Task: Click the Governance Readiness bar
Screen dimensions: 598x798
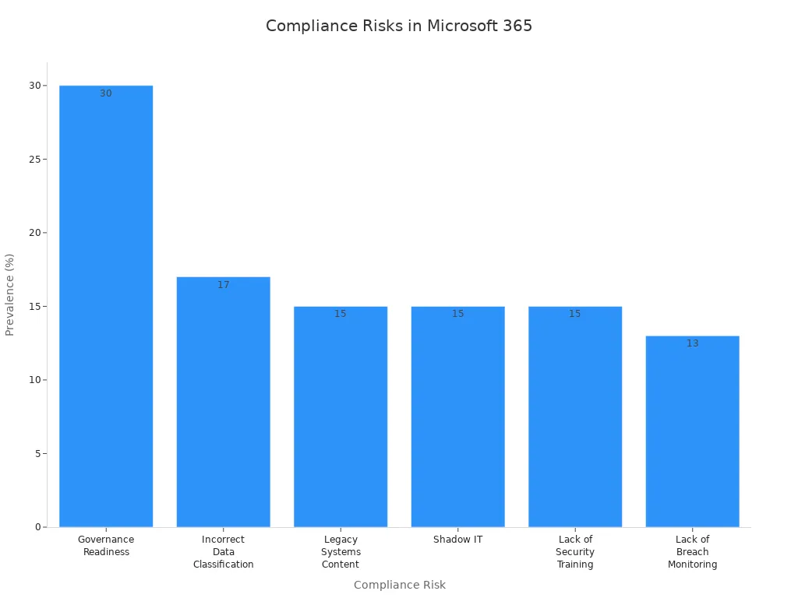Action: coord(106,306)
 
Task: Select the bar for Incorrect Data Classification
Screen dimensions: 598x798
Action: coord(223,402)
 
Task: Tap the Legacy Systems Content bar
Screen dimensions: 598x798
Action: coord(341,417)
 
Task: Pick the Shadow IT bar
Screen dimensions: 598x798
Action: coord(457,417)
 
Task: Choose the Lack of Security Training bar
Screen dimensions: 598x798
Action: coord(575,417)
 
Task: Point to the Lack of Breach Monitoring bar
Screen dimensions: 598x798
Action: coord(692,431)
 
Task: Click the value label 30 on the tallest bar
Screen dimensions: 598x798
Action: coord(106,93)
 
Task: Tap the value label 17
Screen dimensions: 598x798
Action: coord(224,285)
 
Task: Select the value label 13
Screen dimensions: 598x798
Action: coord(692,343)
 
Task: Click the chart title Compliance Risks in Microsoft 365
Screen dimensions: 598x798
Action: coord(399,26)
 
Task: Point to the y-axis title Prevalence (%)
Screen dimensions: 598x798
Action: coord(10,294)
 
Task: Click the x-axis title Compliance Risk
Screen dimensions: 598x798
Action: coord(399,585)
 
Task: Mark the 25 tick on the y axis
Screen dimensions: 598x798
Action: coord(34,159)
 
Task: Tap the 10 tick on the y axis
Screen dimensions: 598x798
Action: coord(34,380)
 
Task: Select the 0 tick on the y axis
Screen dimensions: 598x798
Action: coord(37,527)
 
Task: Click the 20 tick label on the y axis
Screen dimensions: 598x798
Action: coord(34,233)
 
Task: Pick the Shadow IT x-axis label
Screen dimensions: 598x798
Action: coord(457,540)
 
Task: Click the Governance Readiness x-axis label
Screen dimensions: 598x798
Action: coord(106,546)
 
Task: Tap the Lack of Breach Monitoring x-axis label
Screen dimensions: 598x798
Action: coord(692,552)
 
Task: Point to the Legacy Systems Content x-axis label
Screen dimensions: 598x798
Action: coord(341,552)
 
